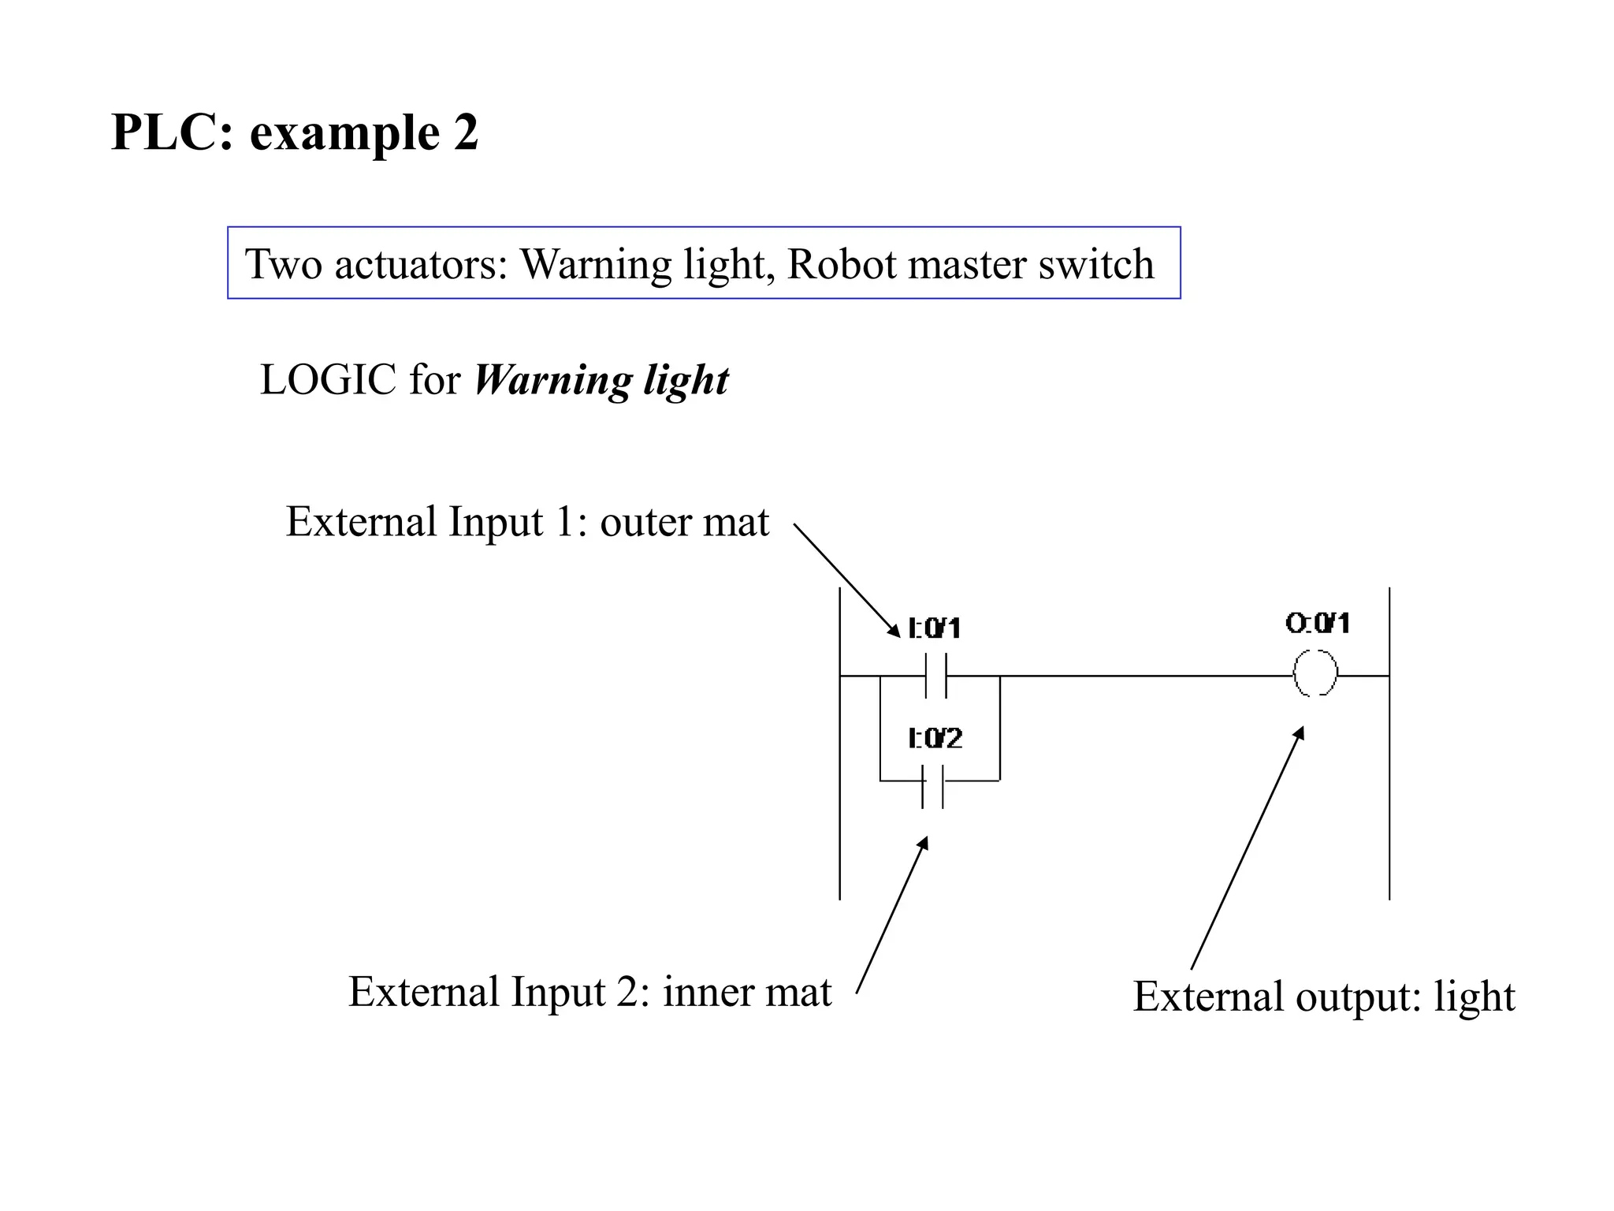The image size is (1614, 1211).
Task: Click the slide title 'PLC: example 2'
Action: click(x=295, y=132)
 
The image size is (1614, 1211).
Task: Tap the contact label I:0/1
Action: click(x=935, y=628)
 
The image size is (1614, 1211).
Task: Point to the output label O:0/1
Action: click(x=1318, y=624)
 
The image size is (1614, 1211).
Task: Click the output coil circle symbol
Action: click(x=1315, y=673)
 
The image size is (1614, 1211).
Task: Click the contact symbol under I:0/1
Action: click(x=935, y=676)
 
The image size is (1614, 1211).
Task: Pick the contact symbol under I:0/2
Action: click(x=932, y=785)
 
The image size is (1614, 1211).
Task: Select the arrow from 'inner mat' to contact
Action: click(x=892, y=915)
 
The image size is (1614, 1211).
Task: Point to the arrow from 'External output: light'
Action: click(x=1247, y=848)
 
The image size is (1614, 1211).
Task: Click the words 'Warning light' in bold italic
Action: click(x=601, y=381)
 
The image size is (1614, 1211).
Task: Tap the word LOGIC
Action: click(x=328, y=381)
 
